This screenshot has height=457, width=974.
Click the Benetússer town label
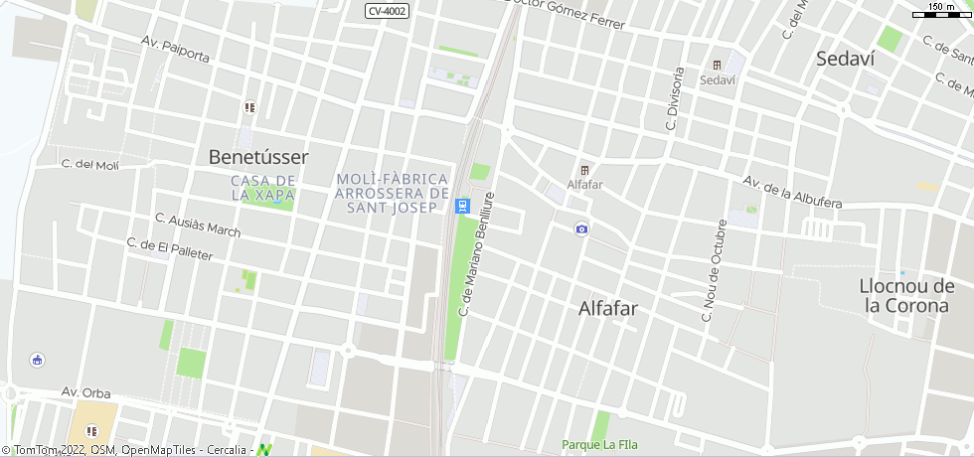point(258,157)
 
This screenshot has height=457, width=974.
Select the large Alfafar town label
point(608,308)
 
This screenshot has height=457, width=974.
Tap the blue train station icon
point(461,206)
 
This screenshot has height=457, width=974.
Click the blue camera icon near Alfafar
point(581,229)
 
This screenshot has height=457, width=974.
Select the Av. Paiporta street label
point(175,50)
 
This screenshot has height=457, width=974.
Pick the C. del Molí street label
point(89,165)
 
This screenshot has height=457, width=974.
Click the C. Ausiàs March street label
point(198,225)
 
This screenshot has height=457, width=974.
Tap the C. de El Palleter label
point(170,248)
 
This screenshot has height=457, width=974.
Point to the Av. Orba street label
point(85,393)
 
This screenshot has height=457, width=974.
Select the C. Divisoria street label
point(675,99)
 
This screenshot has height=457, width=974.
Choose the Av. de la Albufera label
point(792,193)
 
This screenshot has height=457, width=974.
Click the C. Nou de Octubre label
point(714,270)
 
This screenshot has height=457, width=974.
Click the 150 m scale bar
point(940,11)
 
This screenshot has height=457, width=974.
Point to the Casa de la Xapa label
point(262,188)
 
